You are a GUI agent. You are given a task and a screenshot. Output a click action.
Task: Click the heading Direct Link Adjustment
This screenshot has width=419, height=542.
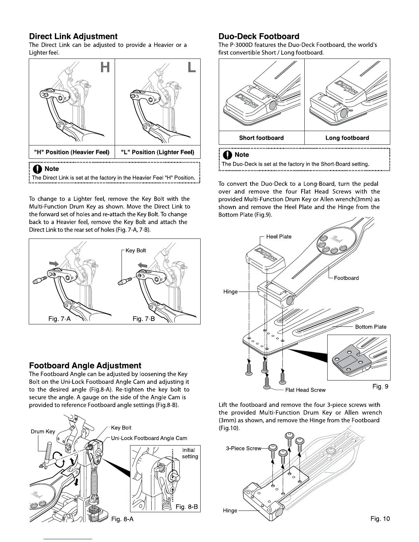coord(73,36)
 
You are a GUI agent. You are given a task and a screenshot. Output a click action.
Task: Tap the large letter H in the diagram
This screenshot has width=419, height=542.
coord(105,67)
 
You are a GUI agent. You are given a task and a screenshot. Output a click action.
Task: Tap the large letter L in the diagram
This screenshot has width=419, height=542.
coord(192,67)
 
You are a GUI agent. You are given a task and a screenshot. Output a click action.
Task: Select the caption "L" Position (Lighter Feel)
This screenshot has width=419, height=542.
coord(157,152)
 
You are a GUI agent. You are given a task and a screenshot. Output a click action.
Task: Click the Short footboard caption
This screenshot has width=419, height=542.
coord(261,138)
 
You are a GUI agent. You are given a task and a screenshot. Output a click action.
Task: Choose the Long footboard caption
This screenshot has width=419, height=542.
coord(347,138)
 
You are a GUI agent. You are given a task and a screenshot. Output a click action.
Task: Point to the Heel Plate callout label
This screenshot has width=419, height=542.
coord(279,236)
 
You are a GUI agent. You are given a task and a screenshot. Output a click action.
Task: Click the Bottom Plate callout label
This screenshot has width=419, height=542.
coord(371,327)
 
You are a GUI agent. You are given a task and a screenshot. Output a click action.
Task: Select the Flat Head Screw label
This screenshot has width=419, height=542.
coord(305,390)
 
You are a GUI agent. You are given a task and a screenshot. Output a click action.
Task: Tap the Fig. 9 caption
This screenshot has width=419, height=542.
coord(380,386)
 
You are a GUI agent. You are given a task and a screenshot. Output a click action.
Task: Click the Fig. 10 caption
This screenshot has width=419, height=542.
coord(380,518)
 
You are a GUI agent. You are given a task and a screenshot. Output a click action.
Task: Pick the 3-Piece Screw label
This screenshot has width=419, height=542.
coord(244,448)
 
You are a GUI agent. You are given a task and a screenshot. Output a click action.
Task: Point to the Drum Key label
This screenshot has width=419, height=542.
coord(43,431)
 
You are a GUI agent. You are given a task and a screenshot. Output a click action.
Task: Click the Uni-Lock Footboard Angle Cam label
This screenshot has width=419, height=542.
coord(149,438)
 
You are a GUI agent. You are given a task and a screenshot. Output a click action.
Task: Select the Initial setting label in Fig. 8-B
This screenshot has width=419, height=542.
coord(190,453)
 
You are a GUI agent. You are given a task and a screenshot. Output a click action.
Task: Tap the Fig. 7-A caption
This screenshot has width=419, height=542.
coord(60,319)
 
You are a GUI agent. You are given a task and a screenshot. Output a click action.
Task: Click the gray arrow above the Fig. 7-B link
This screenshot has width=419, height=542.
coord(142,265)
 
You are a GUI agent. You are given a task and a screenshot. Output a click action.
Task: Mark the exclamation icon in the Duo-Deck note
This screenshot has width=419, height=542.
coord(227,155)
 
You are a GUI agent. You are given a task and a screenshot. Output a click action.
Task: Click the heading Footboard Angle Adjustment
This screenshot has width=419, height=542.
coord(85,365)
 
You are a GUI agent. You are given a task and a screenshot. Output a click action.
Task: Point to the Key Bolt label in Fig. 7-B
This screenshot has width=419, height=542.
coord(136,250)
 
